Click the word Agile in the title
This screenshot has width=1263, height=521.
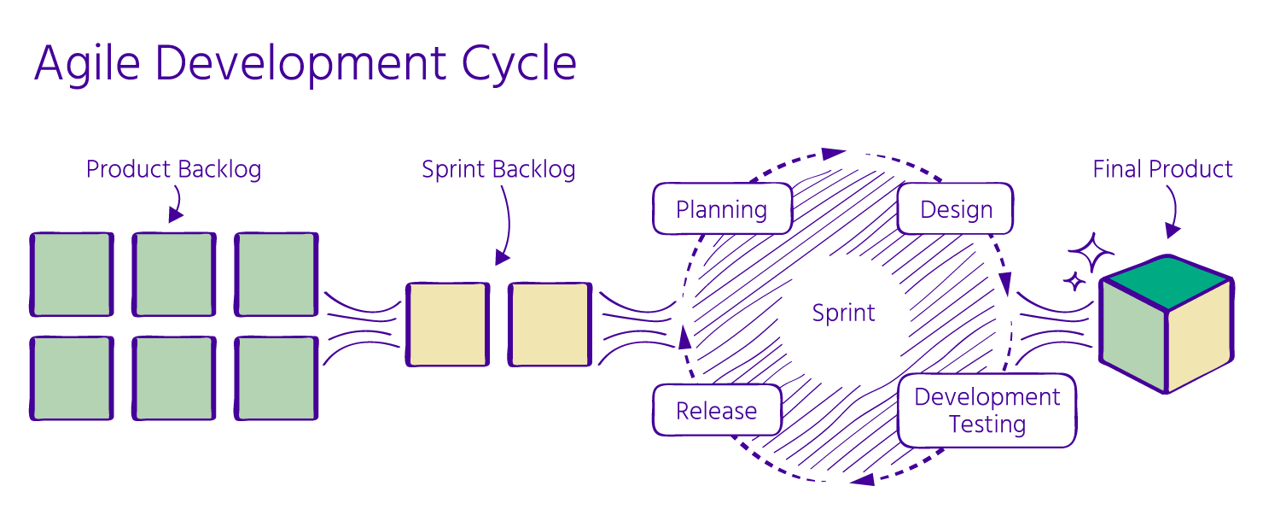(85, 64)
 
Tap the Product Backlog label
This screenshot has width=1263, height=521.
(173, 169)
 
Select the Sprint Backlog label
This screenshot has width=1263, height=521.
(498, 169)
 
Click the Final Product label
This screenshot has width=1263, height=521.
(1162, 169)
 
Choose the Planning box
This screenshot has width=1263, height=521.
(721, 209)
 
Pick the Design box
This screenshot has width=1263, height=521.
(956, 209)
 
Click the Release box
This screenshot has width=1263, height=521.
(716, 411)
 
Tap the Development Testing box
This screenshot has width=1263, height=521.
(987, 410)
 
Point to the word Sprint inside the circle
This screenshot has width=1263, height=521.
(843, 313)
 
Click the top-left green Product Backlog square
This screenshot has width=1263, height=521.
(72, 274)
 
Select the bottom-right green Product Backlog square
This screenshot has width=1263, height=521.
(276, 378)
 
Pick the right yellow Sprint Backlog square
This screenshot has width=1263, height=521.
(550, 325)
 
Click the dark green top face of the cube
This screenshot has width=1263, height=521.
(1167, 281)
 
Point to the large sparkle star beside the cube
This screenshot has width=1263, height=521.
(1091, 252)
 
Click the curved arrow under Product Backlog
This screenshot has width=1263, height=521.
(177, 205)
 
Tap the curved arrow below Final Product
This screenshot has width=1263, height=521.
(1173, 214)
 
